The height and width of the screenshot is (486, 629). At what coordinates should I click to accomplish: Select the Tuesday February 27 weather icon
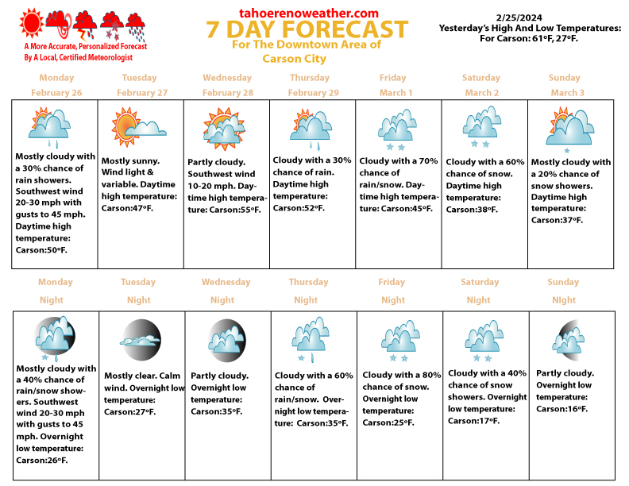tap(137, 128)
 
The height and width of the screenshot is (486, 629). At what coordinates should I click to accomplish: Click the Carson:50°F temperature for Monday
tap(42, 249)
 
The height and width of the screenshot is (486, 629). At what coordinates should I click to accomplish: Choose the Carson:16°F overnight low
tap(562, 408)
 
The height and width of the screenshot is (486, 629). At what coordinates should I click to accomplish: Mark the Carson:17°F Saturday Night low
tap(474, 420)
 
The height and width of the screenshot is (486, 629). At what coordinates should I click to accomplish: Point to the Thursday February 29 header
tap(310, 85)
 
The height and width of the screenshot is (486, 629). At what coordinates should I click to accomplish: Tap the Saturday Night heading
tap(480, 291)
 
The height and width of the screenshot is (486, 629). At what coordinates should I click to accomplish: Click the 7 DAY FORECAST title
tap(307, 30)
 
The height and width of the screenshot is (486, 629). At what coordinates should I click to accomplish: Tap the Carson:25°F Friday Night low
tap(388, 422)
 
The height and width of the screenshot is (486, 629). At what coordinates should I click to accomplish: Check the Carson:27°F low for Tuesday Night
tap(130, 412)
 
